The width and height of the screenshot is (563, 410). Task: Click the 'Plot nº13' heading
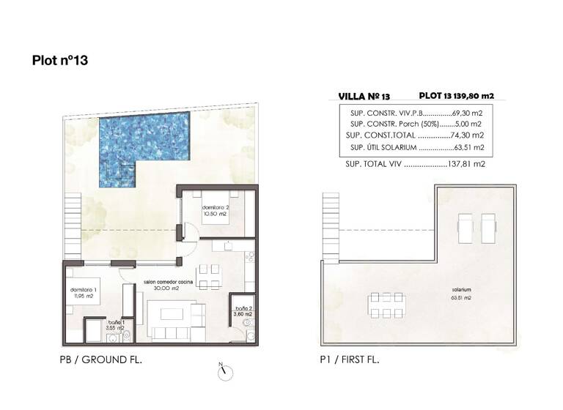60,61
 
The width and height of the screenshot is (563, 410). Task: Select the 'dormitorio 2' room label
216,210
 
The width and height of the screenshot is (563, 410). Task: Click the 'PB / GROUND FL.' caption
100,360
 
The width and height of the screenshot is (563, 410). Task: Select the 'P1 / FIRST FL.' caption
350,360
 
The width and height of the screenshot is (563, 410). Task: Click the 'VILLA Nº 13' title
364,96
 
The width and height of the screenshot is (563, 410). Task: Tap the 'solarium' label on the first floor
461,291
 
